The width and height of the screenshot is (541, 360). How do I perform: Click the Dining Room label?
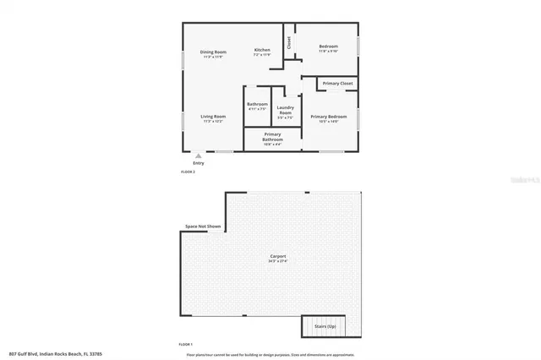click(213, 52)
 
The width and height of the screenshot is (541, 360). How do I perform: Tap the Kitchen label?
click(262, 50)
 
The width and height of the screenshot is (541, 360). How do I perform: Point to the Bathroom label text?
click(257, 105)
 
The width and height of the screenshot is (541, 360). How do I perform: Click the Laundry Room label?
click(285, 110)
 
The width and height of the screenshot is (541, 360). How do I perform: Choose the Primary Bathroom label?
click(272, 137)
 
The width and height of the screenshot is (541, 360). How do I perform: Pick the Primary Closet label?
click(337, 84)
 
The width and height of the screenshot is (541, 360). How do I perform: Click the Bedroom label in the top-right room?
click(328, 46)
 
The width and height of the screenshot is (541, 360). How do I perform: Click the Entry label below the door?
click(198, 163)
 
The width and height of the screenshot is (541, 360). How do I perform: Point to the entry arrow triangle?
click(198, 155)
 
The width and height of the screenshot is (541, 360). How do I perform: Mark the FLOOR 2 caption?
click(188, 172)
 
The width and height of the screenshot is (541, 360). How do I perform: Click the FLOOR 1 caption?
click(186, 345)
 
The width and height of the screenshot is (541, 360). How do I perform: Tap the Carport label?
click(278, 256)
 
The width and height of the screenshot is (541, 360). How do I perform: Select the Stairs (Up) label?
click(324, 325)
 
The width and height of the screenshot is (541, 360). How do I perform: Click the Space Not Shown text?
click(203, 226)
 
